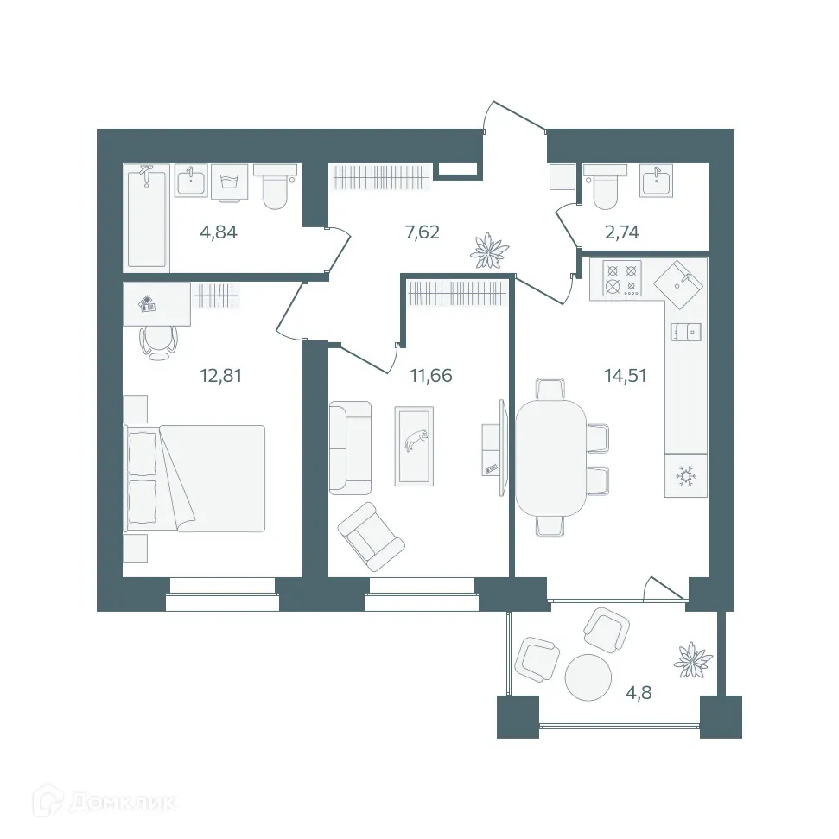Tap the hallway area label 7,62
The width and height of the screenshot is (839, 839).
click(x=423, y=232)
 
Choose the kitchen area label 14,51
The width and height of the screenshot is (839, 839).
click(x=626, y=375)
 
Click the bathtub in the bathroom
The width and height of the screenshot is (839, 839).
click(x=147, y=216)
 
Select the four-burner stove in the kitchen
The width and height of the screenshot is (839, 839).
click(x=622, y=278)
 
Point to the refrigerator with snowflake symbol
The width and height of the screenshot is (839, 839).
click(x=686, y=475)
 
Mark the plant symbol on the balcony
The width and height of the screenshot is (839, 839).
click(x=694, y=659)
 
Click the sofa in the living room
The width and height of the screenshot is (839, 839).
click(x=350, y=447)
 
